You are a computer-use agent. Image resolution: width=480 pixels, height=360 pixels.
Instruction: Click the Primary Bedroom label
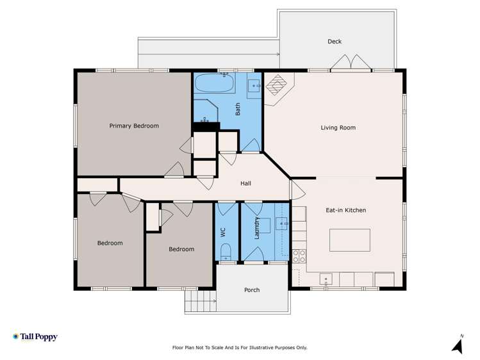(133, 126)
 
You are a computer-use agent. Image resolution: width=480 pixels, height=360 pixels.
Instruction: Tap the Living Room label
(338, 127)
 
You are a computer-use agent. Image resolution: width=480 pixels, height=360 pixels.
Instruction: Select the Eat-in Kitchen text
(345, 210)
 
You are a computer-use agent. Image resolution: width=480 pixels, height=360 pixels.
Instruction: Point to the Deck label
(335, 42)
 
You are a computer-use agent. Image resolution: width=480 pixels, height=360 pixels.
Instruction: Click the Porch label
(252, 290)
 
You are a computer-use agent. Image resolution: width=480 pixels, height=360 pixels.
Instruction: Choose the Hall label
(245, 184)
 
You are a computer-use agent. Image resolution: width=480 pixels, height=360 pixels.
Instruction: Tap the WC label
(224, 233)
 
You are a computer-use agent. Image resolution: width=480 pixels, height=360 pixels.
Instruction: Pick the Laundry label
(256, 229)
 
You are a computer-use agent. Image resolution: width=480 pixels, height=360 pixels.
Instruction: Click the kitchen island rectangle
(349, 240)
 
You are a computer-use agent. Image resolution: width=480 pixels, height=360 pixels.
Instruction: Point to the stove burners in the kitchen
(299, 256)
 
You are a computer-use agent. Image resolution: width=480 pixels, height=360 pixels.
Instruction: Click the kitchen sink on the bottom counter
(326, 279)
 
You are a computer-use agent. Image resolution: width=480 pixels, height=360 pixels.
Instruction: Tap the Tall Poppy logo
(35, 337)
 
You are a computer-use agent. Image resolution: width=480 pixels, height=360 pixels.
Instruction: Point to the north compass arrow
(457, 346)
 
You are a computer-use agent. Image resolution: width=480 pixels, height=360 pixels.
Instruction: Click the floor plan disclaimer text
(240, 348)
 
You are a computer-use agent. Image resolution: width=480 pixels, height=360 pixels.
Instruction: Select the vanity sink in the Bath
(253, 84)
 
